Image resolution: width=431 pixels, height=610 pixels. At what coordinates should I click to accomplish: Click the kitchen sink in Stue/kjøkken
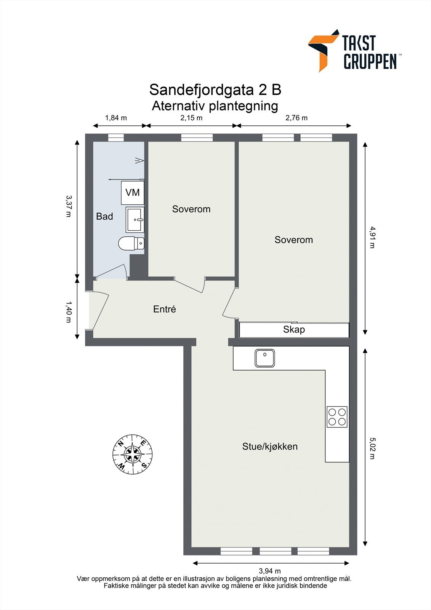(x=265, y=358)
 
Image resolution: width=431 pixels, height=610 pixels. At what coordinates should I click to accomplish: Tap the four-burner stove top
(x=337, y=417)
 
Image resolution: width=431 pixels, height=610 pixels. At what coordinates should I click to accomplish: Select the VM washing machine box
(x=132, y=193)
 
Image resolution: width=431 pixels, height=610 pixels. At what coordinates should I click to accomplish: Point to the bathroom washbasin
(x=135, y=220)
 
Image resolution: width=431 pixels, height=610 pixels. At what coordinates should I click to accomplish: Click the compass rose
(x=133, y=454)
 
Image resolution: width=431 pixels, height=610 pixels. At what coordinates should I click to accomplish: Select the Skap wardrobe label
(x=294, y=329)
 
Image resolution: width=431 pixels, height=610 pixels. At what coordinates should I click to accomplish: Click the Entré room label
(x=165, y=309)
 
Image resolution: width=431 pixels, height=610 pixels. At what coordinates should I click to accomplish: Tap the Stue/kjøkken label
(x=270, y=446)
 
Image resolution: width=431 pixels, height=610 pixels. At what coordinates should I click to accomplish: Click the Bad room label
(x=104, y=217)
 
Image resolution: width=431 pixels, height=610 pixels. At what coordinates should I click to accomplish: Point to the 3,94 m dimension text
(x=270, y=571)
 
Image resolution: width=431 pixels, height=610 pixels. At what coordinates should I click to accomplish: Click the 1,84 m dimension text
(x=116, y=118)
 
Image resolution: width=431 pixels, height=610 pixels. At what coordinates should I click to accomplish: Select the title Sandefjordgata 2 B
(x=215, y=90)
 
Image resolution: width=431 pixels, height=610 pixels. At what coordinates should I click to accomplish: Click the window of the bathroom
(x=116, y=138)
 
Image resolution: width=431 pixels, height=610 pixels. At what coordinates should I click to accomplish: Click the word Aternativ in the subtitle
(x=178, y=106)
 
